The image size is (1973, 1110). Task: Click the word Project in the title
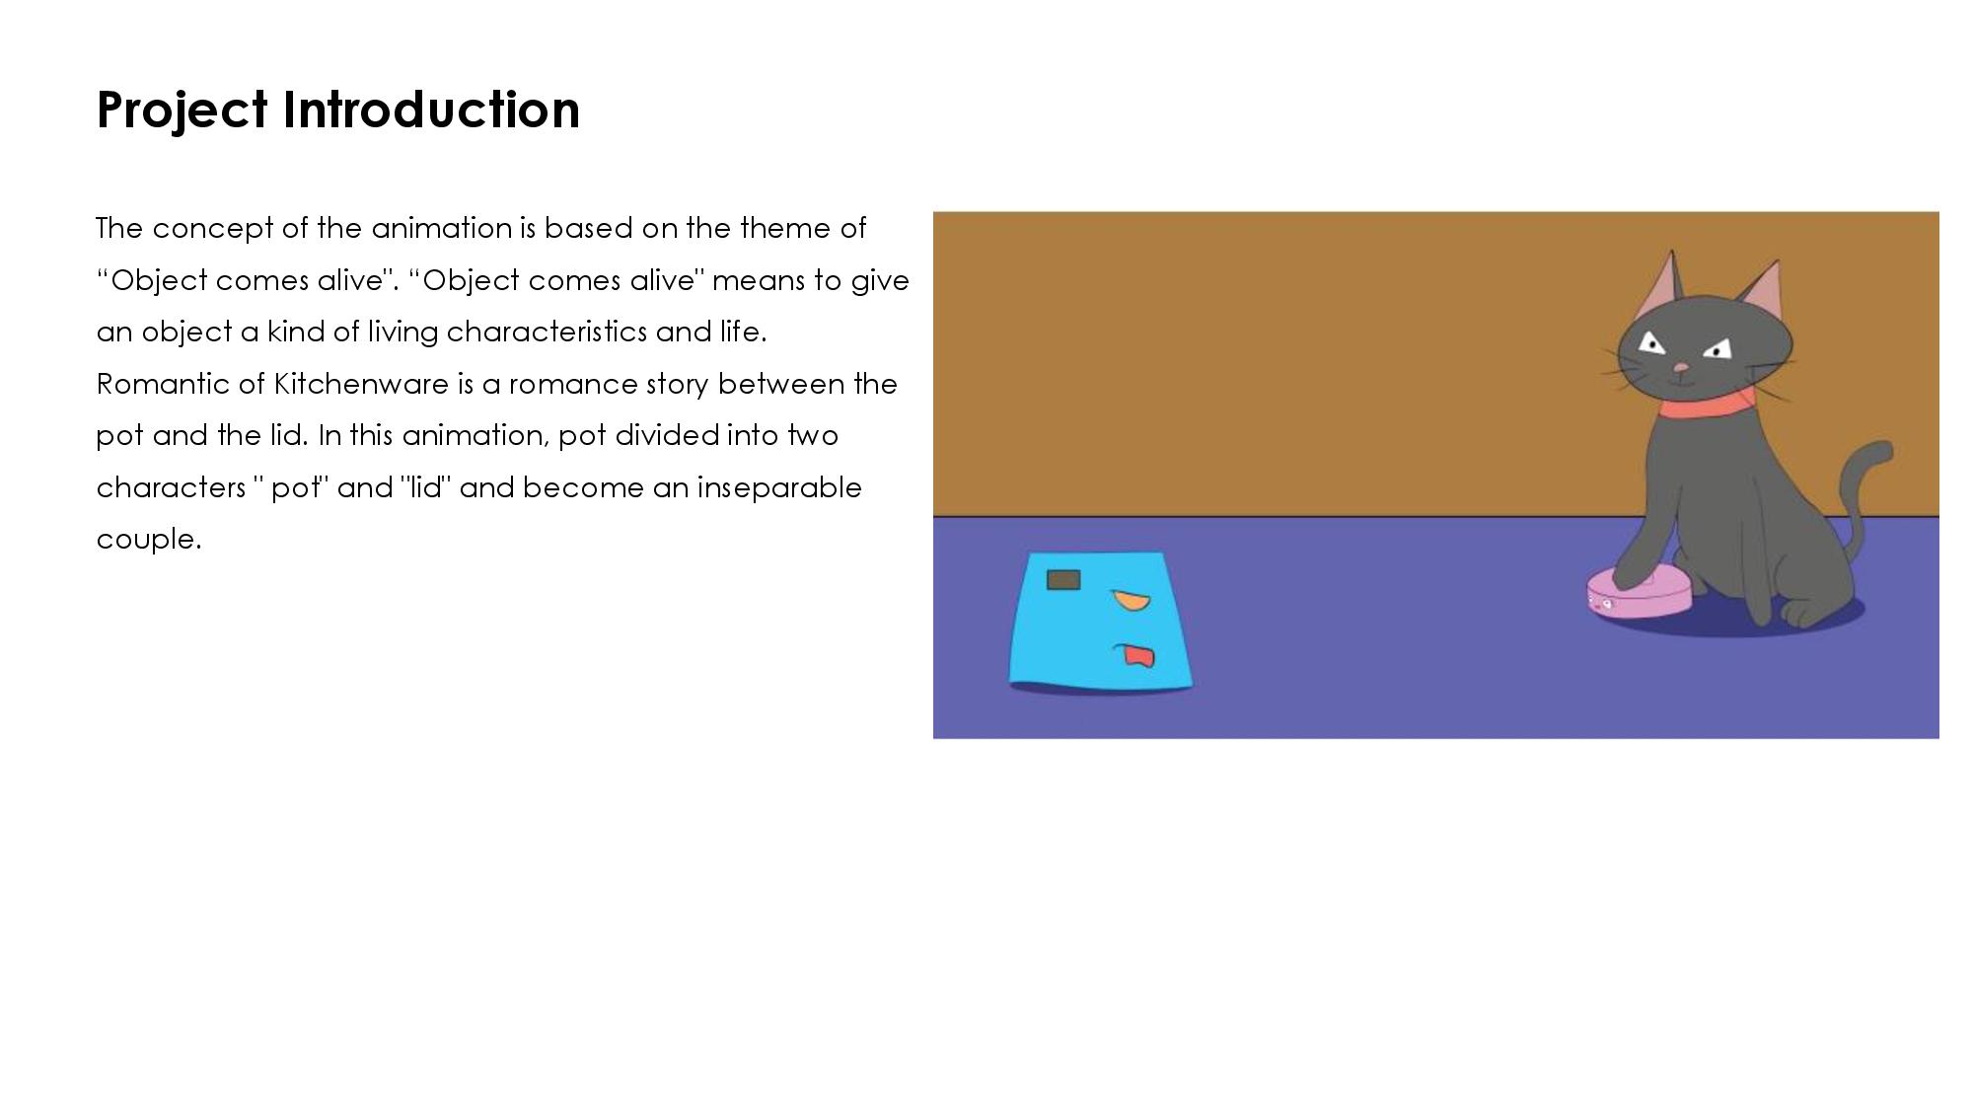coord(183,111)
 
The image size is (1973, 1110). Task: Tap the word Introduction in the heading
coord(432,109)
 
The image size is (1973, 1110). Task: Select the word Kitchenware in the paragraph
coord(361,384)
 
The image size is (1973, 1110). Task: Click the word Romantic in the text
coord(163,384)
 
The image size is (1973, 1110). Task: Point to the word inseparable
coord(779,488)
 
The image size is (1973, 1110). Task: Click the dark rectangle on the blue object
coord(1063,580)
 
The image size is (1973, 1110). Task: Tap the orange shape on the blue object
coord(1131,600)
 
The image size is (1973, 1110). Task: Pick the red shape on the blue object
coord(1136,656)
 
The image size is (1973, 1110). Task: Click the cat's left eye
coord(1651,343)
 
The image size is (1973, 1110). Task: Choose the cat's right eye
coord(1717,348)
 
